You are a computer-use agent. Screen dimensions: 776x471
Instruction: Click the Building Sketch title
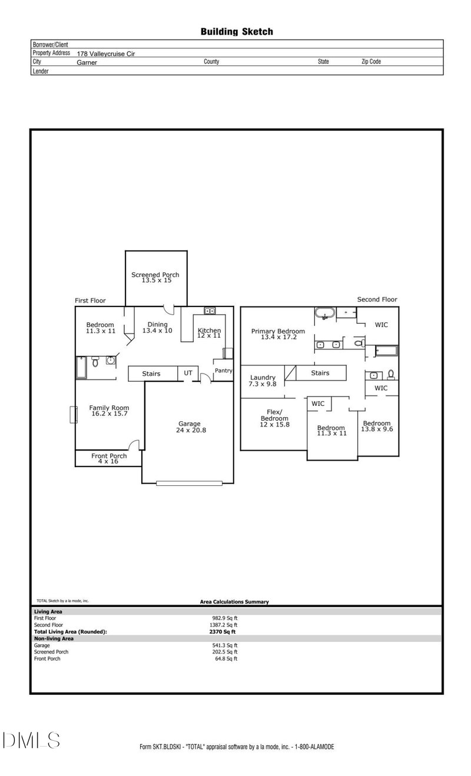(x=237, y=32)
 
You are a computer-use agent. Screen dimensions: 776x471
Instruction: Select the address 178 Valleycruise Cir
(x=110, y=53)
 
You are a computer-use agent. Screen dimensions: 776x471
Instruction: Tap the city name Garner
(x=87, y=62)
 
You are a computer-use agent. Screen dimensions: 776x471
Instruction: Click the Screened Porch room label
(x=155, y=275)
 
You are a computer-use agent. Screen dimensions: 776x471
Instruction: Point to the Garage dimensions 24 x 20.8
(x=190, y=430)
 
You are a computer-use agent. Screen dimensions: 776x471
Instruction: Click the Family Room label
(x=109, y=408)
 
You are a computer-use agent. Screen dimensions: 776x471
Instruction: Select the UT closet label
(x=188, y=373)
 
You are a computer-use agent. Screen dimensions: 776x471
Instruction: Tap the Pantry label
(x=223, y=371)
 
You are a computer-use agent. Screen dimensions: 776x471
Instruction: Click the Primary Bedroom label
(x=278, y=331)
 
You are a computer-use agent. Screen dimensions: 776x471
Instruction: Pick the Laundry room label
(x=263, y=378)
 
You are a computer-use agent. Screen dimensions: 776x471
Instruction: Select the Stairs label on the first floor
(x=151, y=374)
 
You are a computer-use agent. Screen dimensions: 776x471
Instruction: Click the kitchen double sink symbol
(x=209, y=311)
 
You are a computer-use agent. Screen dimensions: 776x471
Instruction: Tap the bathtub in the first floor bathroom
(x=81, y=367)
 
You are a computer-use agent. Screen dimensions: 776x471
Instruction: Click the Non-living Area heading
(x=54, y=638)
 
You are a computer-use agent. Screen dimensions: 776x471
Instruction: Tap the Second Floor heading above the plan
(x=377, y=299)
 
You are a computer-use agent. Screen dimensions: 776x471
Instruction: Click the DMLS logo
(x=31, y=740)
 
